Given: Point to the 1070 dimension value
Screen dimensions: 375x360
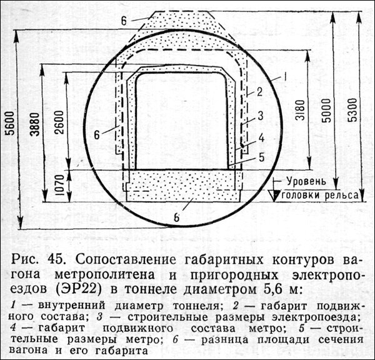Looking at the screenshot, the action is point(58,186).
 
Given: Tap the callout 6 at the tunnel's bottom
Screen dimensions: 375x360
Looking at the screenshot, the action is point(177,217).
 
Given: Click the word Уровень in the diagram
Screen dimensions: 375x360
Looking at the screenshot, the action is point(305,181).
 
